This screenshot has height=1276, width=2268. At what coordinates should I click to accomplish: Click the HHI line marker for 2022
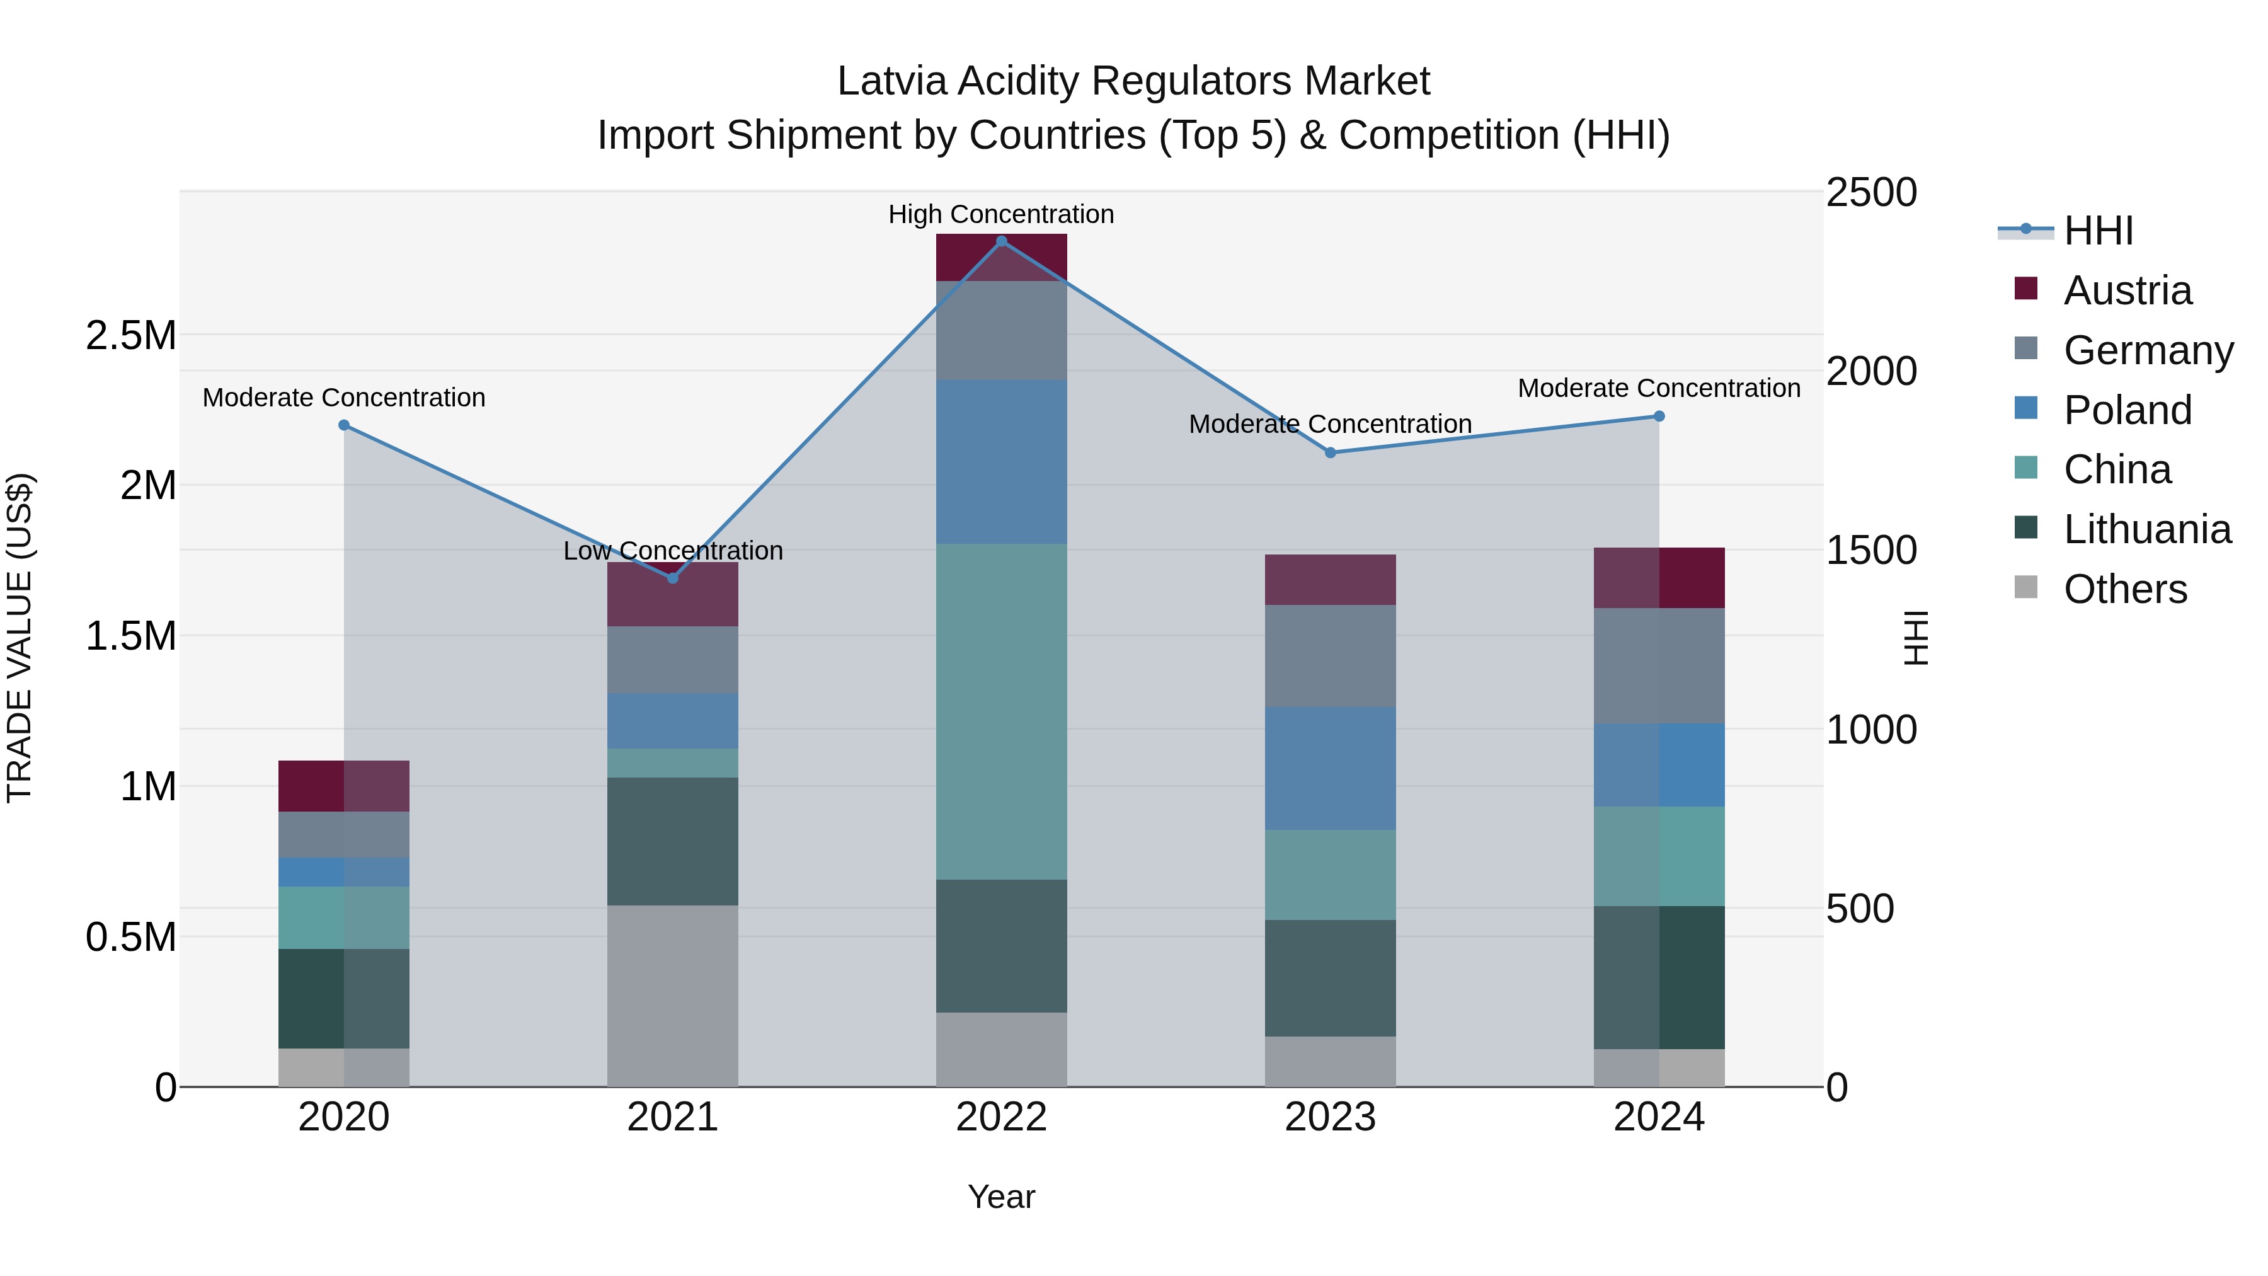1001,241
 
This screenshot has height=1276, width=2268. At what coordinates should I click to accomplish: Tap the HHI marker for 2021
673,578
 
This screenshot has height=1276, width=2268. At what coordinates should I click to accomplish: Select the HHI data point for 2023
1331,452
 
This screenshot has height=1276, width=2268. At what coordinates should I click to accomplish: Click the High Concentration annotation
1001,214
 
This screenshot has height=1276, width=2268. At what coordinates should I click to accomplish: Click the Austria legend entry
2126,290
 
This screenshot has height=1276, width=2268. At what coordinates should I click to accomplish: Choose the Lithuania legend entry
2146,529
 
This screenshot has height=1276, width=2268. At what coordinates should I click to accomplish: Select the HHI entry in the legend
2097,231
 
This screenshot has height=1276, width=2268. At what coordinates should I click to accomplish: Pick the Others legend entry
2124,589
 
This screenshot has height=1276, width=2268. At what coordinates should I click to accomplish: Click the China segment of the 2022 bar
1001,711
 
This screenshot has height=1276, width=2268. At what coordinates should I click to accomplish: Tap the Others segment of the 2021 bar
673,995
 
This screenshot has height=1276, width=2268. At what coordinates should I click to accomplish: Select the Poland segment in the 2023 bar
1331,768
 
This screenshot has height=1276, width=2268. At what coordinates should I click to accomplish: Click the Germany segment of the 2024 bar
1659,666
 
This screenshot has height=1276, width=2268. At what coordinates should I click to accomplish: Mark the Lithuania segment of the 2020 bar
343,999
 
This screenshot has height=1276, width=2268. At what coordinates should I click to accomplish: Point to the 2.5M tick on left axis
130,335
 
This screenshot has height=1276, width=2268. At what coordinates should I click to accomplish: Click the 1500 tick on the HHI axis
1871,550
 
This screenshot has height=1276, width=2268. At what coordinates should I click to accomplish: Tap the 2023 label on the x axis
1331,1117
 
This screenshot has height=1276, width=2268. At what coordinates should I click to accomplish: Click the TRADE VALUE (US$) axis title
20,638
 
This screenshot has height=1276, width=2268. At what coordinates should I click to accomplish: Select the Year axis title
1001,1197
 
